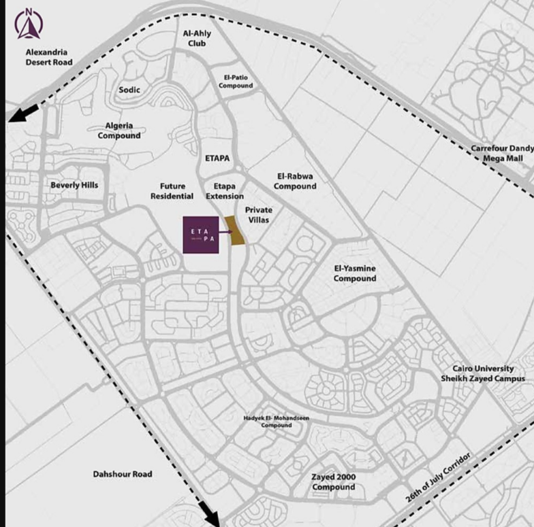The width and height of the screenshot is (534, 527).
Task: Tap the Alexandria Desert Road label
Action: coord(49,57)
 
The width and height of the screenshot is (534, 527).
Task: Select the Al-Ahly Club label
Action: coord(197,39)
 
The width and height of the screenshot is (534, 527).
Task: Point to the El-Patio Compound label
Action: coord(236,82)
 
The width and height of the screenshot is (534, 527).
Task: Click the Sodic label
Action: coord(129,90)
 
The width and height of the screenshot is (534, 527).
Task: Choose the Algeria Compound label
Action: coord(119,131)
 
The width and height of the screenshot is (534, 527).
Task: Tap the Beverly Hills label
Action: coord(74,185)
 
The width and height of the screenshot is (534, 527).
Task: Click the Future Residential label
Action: coord(172,191)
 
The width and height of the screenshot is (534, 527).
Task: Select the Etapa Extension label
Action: coord(225,191)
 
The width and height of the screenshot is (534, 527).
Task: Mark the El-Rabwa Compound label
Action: coord(296,181)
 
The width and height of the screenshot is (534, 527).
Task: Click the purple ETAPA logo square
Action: coord(201,235)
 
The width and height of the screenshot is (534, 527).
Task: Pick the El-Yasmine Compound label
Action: coord(355,273)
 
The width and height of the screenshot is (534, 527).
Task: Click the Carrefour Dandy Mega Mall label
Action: coord(503,153)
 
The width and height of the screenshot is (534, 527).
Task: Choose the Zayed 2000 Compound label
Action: coord(334,482)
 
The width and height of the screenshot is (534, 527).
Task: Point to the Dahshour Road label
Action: coord(123,474)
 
